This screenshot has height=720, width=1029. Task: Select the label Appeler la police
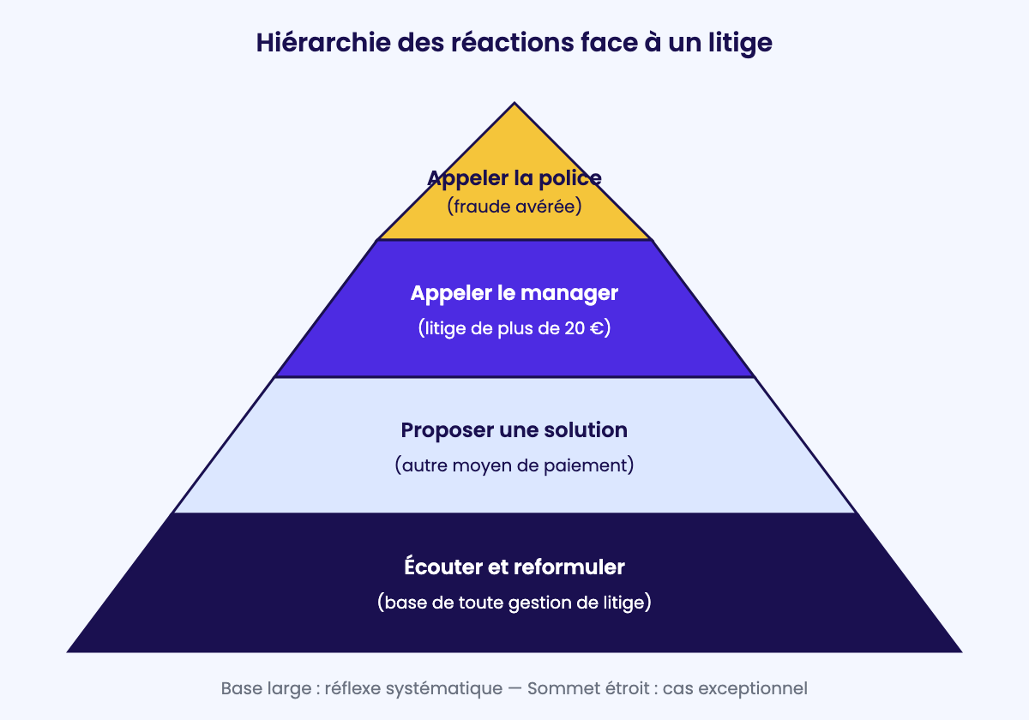(514, 178)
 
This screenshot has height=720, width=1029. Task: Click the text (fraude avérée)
(514, 207)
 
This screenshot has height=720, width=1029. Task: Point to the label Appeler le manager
(514, 294)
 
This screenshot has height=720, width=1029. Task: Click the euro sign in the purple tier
(596, 328)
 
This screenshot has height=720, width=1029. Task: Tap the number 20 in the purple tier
(575, 328)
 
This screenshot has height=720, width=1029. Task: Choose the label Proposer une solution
(514, 430)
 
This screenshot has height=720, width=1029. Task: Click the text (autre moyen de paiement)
(514, 465)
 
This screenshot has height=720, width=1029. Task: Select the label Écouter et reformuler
(514, 566)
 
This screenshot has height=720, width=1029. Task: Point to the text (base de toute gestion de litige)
(514, 603)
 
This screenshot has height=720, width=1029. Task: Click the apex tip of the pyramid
(514, 103)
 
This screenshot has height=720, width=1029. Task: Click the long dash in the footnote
(515, 689)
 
